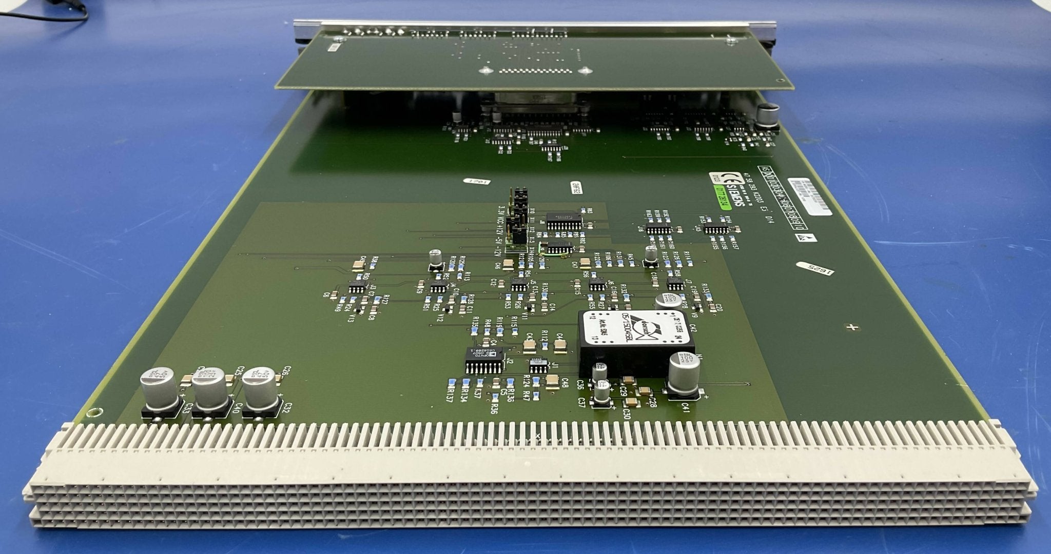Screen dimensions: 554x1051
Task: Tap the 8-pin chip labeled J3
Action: [x=357, y=287]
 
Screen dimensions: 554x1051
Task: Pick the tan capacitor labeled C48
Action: [x=552, y=380]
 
